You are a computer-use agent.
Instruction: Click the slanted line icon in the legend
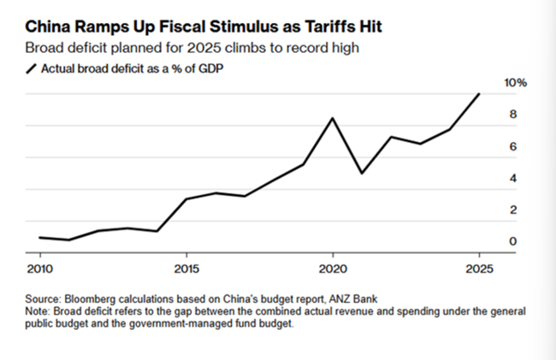(33, 68)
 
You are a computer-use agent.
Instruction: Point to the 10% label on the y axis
(516, 83)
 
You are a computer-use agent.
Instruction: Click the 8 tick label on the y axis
(513, 115)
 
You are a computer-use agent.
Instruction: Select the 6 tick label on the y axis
(513, 147)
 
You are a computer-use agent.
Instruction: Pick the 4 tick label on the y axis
(513, 179)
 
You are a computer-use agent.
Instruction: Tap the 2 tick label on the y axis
(513, 210)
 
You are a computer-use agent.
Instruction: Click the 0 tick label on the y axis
(513, 242)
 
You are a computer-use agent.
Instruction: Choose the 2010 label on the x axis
(39, 269)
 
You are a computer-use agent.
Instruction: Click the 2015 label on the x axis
(186, 269)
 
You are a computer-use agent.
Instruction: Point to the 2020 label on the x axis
(332, 269)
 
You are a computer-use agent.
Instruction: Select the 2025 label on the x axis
(478, 269)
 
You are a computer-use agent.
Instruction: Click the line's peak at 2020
(332, 118)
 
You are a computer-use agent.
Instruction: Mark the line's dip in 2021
(362, 174)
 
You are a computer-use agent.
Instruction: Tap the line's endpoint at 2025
(478, 94)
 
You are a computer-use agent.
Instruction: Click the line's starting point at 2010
(39, 237)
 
